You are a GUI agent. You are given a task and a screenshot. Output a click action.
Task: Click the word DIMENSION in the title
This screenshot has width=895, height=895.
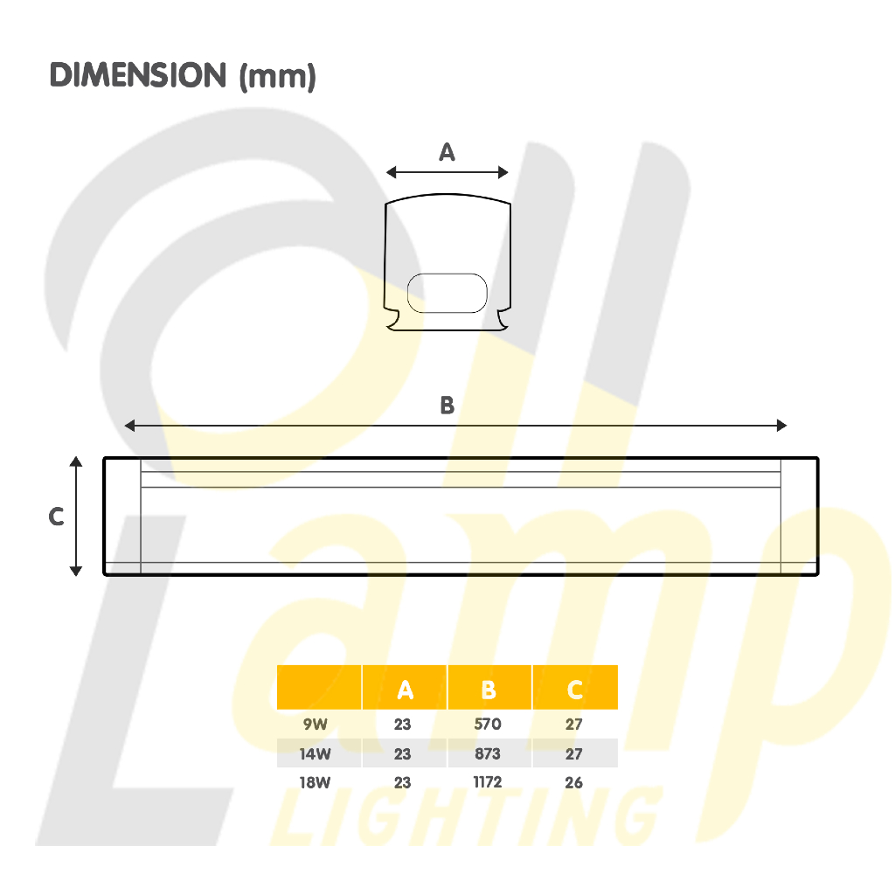pyautogui.click(x=138, y=75)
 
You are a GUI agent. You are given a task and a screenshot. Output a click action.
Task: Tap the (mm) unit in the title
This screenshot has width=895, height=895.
pyautogui.click(x=277, y=77)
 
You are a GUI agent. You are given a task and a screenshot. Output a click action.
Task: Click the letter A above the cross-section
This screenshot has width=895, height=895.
pyautogui.click(x=447, y=152)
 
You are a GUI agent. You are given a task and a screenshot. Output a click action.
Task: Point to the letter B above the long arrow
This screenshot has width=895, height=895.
pyautogui.click(x=447, y=406)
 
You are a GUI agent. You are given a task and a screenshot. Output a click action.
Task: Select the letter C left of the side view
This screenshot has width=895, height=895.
pyautogui.click(x=56, y=517)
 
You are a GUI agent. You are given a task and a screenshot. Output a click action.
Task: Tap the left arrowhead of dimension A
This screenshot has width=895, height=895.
pyautogui.click(x=391, y=172)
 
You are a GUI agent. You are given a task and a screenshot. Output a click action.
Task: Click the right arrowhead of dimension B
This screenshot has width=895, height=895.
pyautogui.click(x=781, y=426)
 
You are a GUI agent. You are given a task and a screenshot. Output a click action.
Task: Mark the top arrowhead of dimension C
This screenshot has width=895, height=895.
pyautogui.click(x=76, y=461)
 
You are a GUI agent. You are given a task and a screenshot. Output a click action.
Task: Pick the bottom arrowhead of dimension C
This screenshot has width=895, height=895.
pyautogui.click(x=76, y=571)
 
